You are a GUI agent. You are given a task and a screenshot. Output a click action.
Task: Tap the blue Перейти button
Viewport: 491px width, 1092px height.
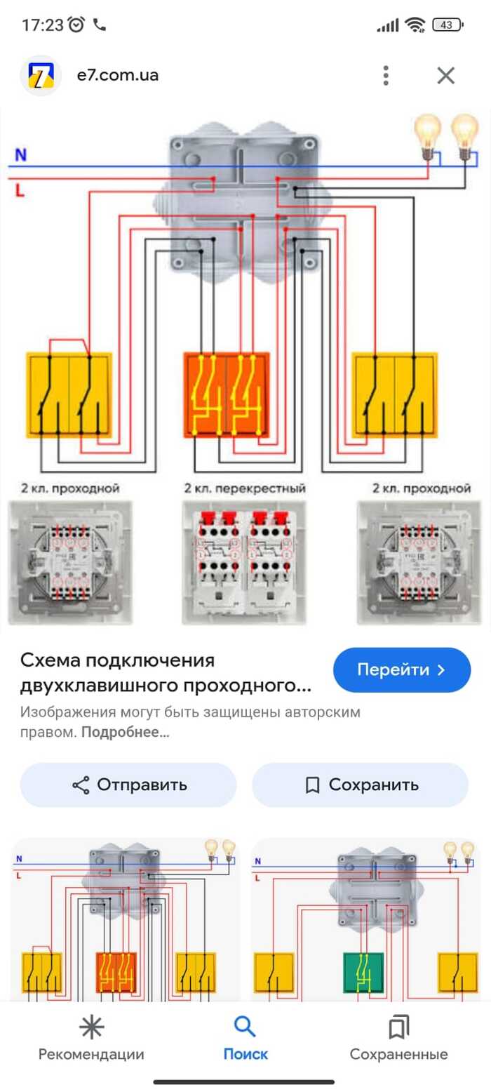tap(401, 670)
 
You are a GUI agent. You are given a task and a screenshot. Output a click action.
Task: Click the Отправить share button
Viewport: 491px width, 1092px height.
tap(128, 785)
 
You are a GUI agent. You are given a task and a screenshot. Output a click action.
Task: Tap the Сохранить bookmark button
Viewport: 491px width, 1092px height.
tap(360, 785)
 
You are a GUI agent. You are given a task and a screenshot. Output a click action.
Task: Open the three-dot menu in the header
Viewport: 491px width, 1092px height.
tap(385, 75)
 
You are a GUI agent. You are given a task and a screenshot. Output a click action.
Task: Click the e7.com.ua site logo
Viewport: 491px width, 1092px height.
tap(41, 75)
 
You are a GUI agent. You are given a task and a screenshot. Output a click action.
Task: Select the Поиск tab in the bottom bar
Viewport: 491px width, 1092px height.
tap(245, 1038)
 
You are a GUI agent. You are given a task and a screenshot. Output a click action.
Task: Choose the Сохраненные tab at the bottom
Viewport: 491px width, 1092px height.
tap(398, 1038)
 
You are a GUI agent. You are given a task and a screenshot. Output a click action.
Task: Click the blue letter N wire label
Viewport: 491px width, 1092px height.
tap(20, 155)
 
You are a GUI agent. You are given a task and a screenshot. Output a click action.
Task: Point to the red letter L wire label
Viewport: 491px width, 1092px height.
tap(20, 189)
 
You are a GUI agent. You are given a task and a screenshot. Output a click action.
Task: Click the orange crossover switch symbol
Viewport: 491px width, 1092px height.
tap(227, 394)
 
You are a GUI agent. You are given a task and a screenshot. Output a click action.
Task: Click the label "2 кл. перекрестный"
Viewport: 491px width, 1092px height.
tap(245, 488)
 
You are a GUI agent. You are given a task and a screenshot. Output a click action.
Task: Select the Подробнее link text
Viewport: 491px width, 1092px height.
tap(126, 733)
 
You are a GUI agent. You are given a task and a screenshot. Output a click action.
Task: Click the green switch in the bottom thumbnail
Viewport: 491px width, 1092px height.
tap(363, 971)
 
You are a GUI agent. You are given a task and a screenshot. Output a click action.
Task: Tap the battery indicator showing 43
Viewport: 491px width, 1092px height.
tap(446, 25)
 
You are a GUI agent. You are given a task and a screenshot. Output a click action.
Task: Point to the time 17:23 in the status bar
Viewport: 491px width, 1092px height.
tap(42, 25)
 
